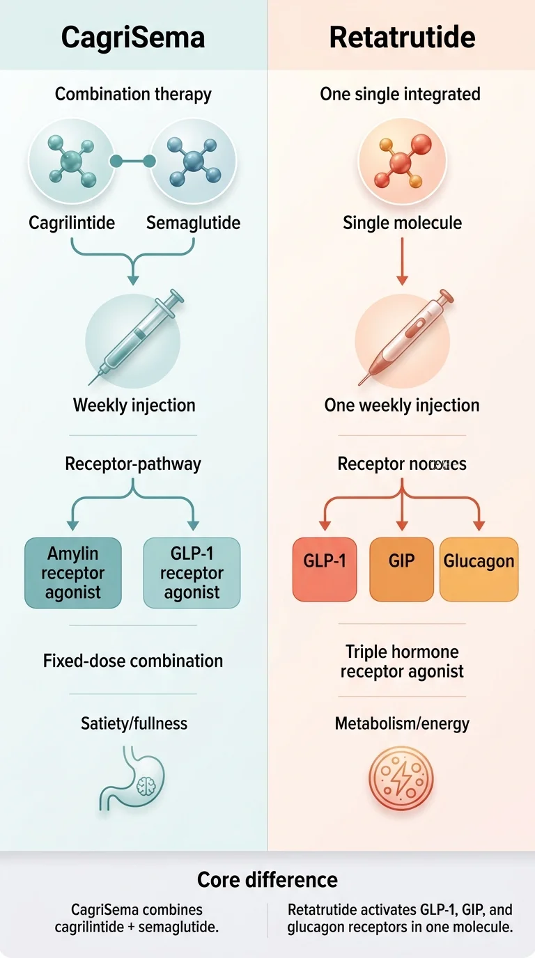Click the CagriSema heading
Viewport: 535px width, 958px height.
coord(133,37)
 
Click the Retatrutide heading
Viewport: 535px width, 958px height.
coord(401,37)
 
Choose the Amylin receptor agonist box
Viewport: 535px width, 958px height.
coord(73,573)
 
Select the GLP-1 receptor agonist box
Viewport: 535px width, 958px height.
coord(192,573)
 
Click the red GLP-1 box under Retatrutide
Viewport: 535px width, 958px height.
coord(325,570)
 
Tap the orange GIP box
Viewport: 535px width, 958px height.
coord(402,570)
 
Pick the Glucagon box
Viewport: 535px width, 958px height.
coord(479,570)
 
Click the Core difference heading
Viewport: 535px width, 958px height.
coord(267,879)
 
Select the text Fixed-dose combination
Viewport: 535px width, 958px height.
coord(133,661)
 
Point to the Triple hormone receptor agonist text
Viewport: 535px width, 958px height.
coord(402,661)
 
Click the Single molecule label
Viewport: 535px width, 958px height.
coord(402,223)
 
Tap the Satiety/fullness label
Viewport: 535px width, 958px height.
coord(134,723)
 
